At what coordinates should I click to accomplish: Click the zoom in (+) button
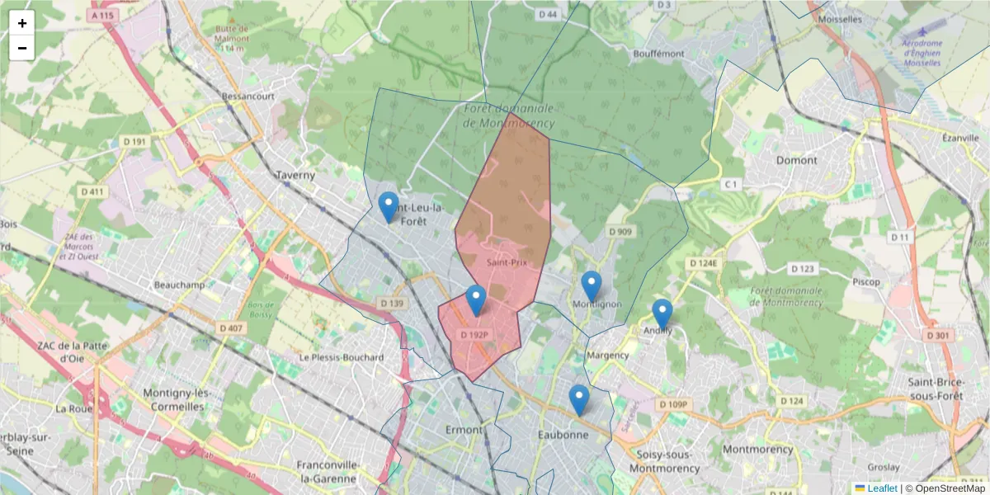(x=22, y=23)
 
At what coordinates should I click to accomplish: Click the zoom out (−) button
(x=22, y=48)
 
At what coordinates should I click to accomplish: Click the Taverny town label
(x=295, y=175)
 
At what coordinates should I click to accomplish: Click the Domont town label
(x=796, y=160)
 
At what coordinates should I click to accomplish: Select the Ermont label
(x=463, y=430)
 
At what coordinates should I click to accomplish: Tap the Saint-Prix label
(x=507, y=263)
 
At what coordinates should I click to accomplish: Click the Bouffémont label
(x=658, y=54)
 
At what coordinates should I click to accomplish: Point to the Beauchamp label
(x=179, y=285)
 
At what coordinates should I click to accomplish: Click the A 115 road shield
(x=104, y=16)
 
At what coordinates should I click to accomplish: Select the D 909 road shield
(x=620, y=232)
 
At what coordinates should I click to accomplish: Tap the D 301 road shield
(x=937, y=336)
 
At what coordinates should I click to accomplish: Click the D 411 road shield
(x=93, y=192)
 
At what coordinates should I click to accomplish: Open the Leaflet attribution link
(x=881, y=488)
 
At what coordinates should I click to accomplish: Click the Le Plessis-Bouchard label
(x=342, y=357)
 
